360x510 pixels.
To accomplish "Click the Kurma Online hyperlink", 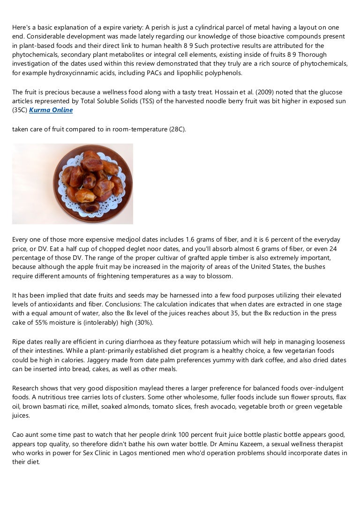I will point(51,110).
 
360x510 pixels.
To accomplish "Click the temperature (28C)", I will point(177,129).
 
